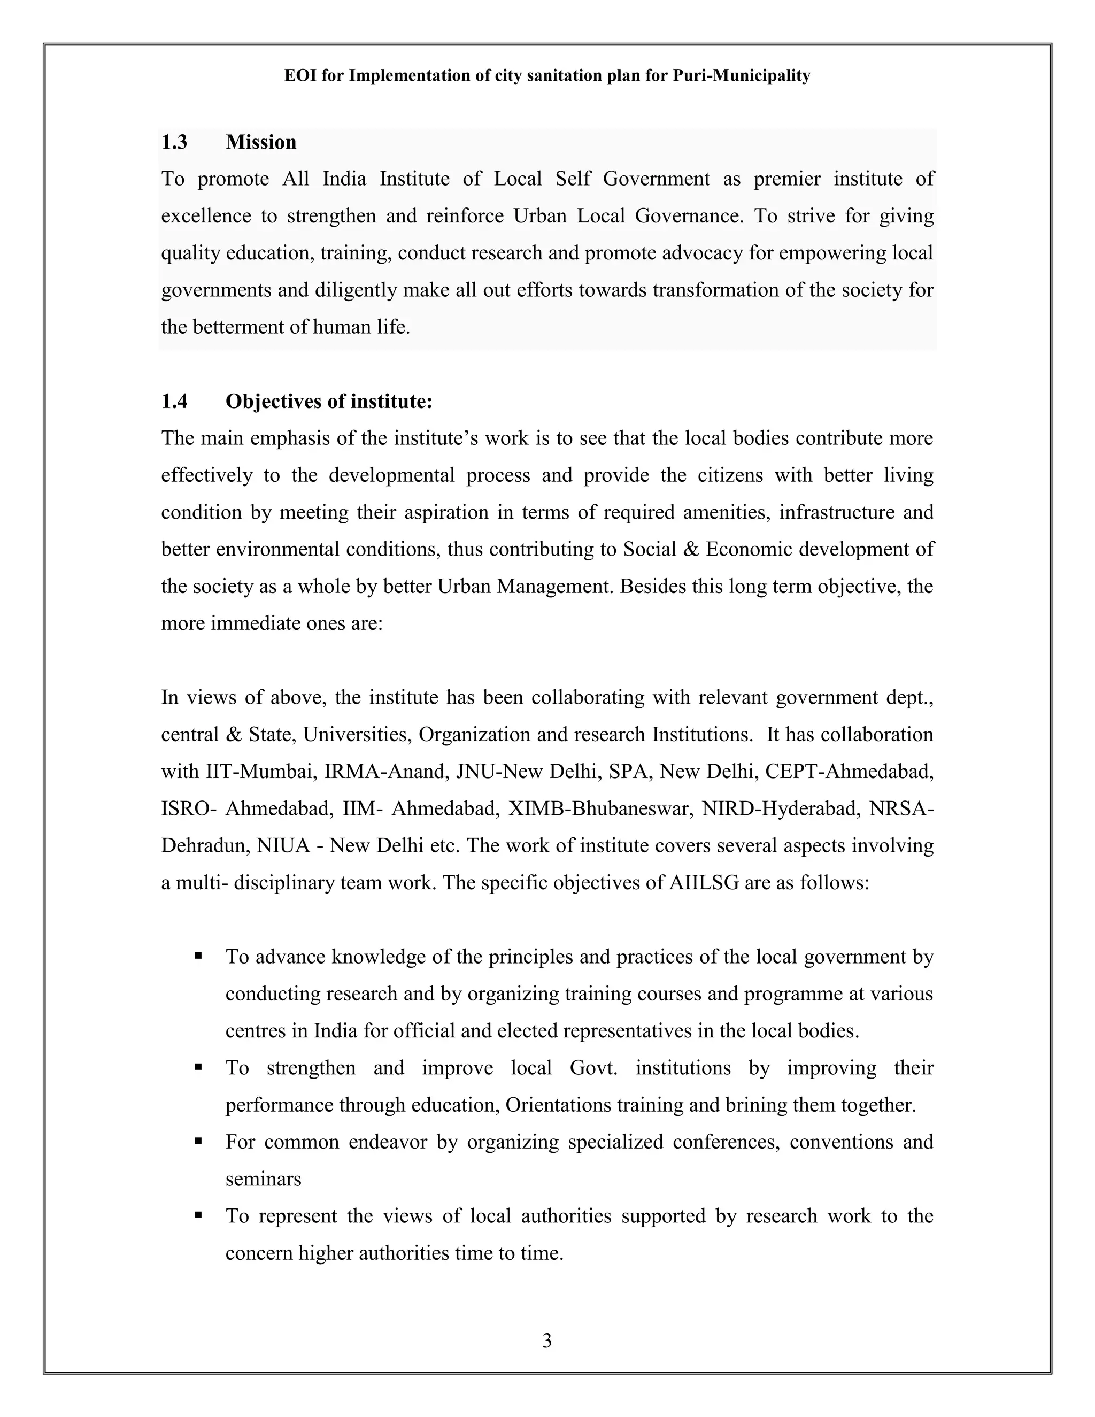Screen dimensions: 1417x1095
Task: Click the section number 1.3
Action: click(x=174, y=142)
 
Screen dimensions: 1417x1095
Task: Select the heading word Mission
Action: click(x=261, y=142)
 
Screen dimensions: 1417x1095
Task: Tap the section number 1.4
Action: click(x=174, y=402)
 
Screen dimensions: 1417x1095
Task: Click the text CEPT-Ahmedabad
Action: click(x=849, y=772)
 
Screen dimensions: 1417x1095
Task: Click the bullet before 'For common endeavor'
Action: click(x=198, y=1141)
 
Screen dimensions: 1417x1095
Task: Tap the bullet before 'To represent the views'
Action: click(x=198, y=1215)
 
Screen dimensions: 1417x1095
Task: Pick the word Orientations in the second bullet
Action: click(x=558, y=1105)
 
